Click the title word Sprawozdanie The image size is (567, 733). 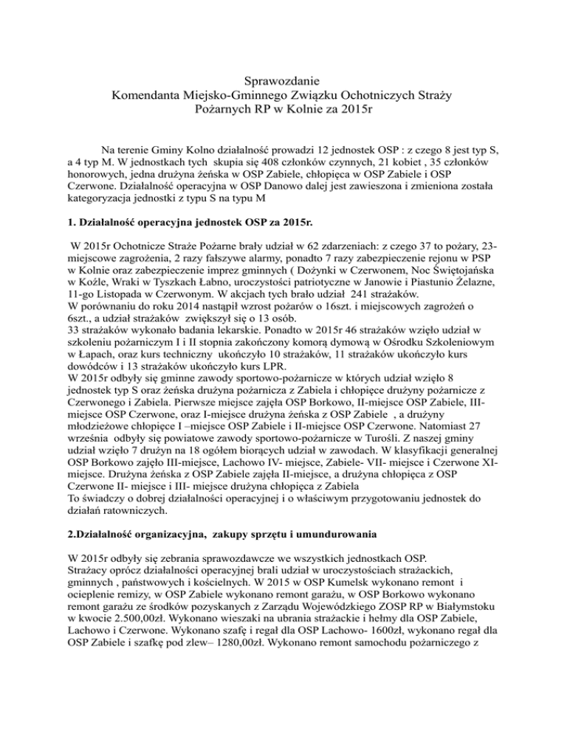(283, 79)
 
